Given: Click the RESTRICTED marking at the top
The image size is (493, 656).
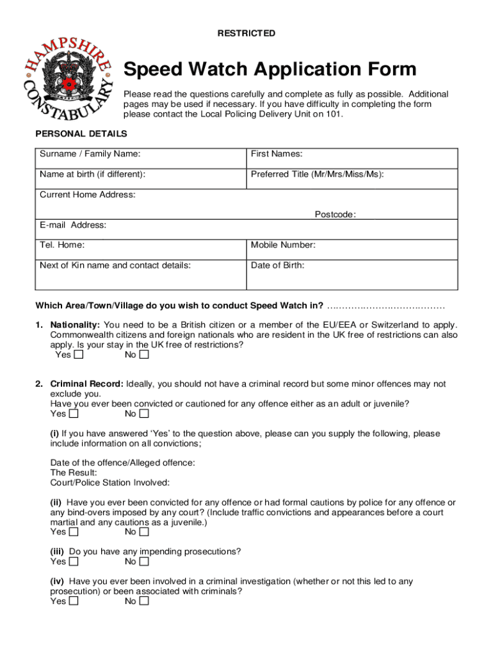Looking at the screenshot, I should point(246,33).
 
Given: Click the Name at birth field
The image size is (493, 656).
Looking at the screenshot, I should point(140,179).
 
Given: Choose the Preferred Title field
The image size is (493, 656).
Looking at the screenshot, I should point(352,179).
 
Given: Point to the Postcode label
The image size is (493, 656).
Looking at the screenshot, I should point(335,215).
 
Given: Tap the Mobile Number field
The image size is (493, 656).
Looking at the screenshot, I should point(352,249).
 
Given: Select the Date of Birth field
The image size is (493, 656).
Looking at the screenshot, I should point(352,274).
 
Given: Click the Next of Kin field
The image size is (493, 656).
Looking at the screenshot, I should point(140,274).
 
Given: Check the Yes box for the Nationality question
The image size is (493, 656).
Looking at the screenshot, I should point(78,354).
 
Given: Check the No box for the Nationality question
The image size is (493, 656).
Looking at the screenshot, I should point(144,354).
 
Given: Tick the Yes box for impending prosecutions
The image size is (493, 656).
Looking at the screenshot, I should point(74,562).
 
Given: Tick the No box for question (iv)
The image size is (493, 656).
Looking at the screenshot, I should point(144,602).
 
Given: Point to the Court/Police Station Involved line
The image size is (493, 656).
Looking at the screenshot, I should point(109,482).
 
